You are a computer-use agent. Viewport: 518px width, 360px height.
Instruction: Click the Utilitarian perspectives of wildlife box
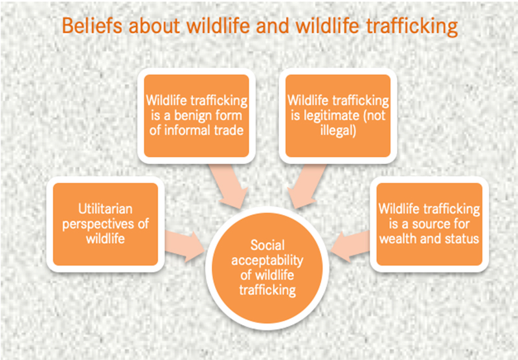pos(106,224)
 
